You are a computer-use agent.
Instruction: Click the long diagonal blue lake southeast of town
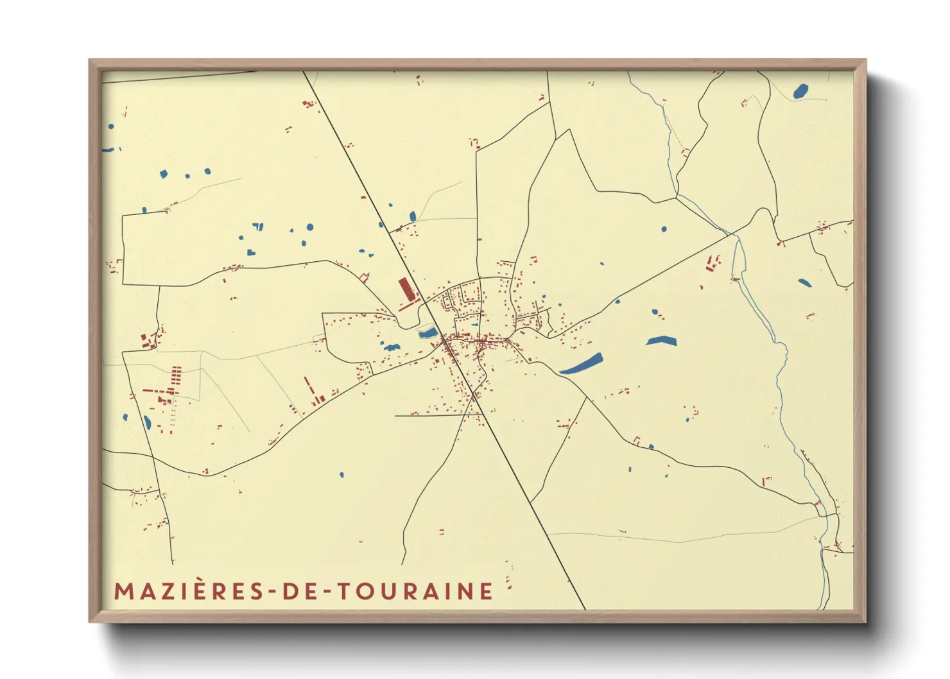581,365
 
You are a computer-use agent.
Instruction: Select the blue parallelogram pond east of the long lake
661,341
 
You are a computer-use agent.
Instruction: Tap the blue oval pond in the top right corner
800,91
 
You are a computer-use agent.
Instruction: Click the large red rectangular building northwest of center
405,289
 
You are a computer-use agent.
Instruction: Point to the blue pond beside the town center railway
427,332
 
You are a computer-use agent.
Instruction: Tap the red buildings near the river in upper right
712,263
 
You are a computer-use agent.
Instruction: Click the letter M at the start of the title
123,591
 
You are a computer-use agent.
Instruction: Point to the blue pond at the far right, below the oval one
804,282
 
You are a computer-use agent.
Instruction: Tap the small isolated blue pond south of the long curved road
341,475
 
